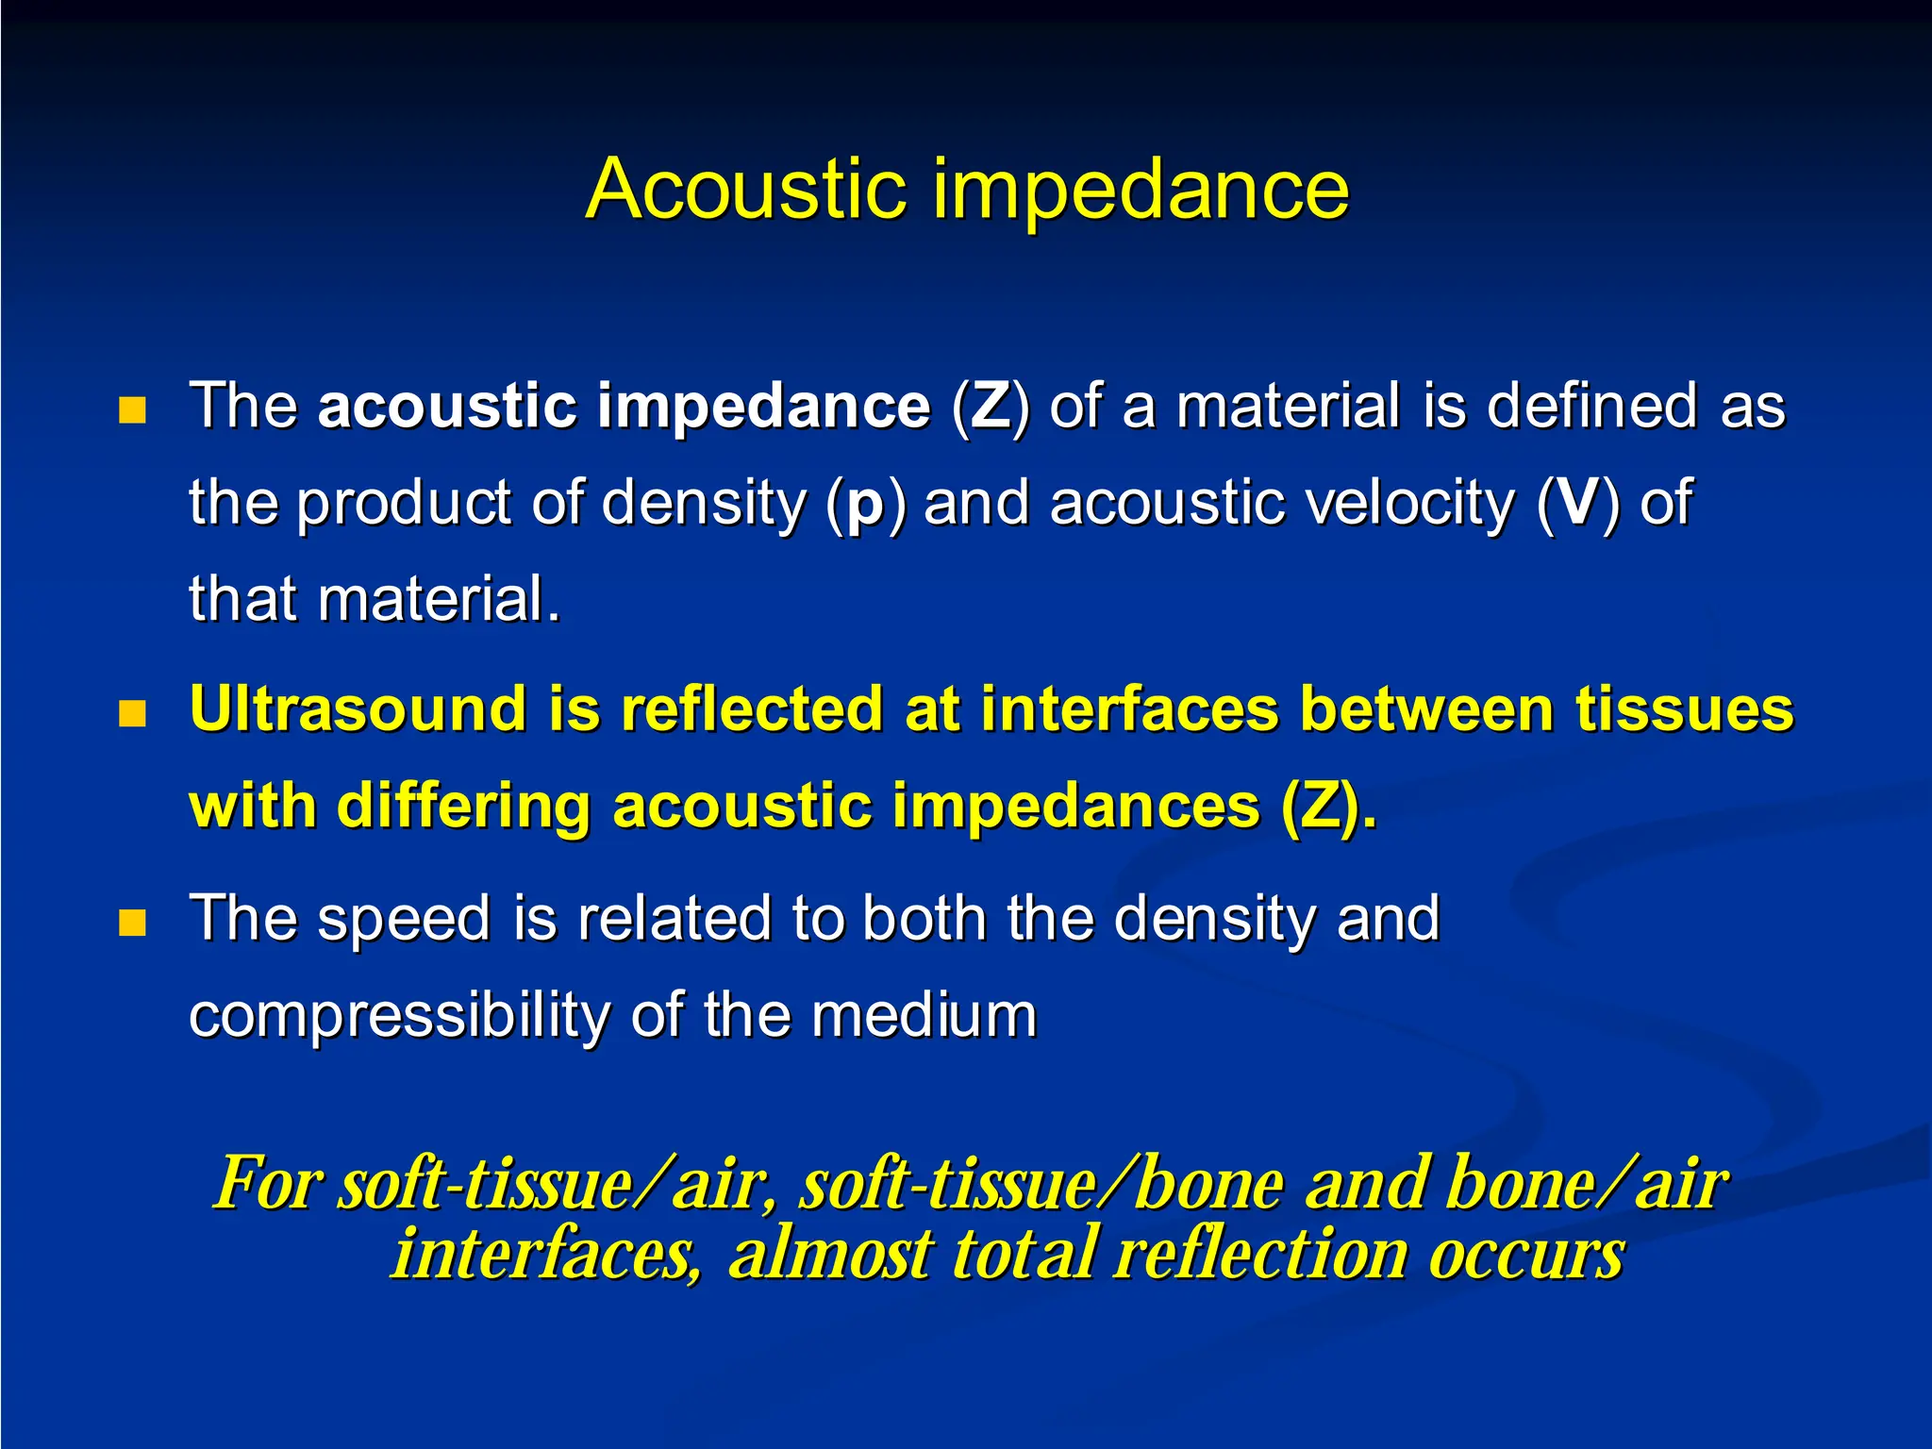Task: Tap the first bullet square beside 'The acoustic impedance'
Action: pos(133,410)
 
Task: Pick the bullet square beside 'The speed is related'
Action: pos(133,923)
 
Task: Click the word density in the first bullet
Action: pos(703,504)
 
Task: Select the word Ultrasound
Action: pos(358,709)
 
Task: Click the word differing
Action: pos(463,808)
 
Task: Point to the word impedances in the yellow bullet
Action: pos(1075,808)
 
